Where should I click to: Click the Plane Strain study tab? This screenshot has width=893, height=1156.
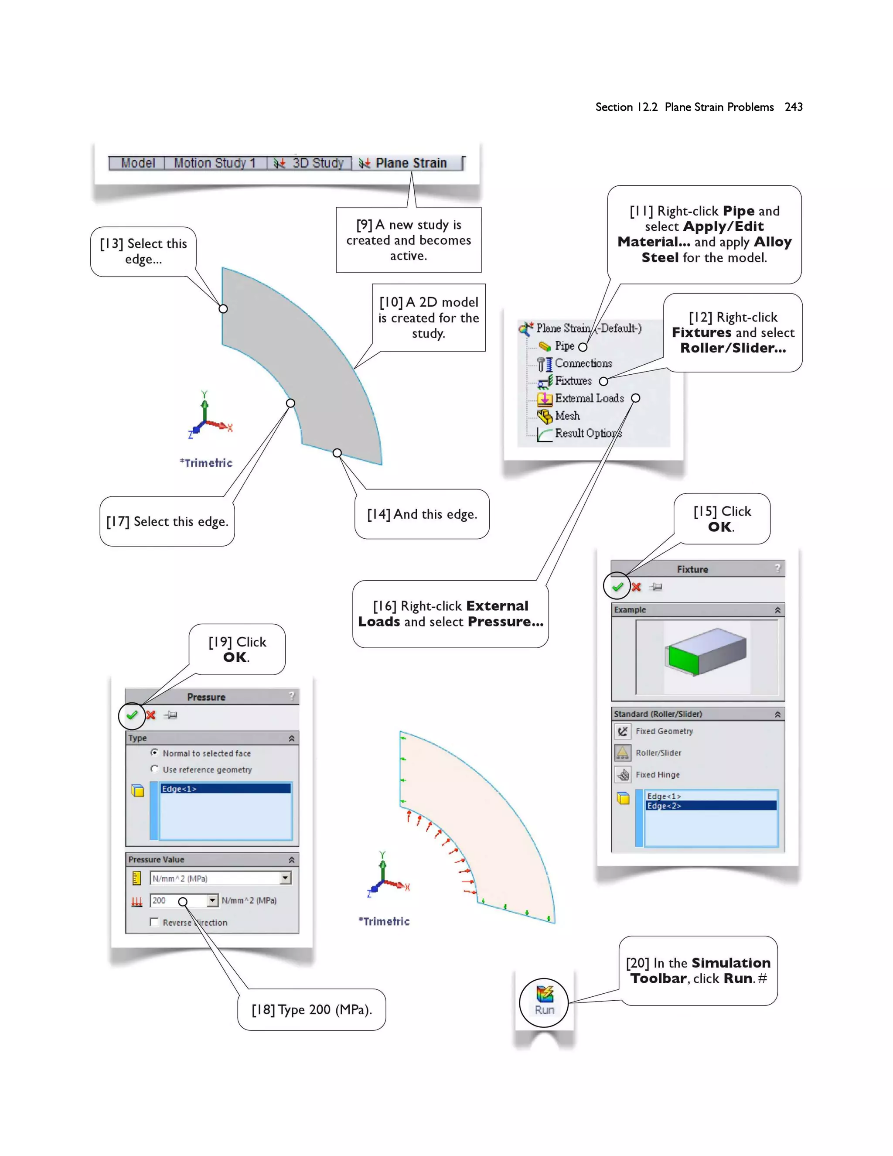[x=410, y=163]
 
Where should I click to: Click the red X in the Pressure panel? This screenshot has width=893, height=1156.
[x=151, y=715]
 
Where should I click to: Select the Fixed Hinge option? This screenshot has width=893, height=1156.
[x=657, y=775]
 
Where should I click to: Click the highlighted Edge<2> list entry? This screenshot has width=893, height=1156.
[x=664, y=806]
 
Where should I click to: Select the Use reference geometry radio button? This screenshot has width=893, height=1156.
[x=154, y=769]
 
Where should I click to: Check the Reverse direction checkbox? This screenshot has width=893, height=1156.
[x=154, y=923]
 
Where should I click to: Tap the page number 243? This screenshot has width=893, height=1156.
[x=794, y=107]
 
